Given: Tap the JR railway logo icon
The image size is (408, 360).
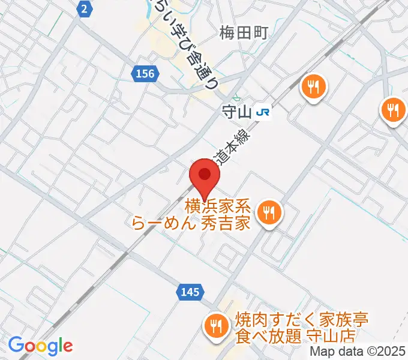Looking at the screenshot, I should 262,112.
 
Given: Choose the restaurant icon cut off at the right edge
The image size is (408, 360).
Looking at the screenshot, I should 394,110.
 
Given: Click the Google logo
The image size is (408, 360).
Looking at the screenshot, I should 40,346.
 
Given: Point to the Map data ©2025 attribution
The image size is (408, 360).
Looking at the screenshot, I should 358,352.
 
